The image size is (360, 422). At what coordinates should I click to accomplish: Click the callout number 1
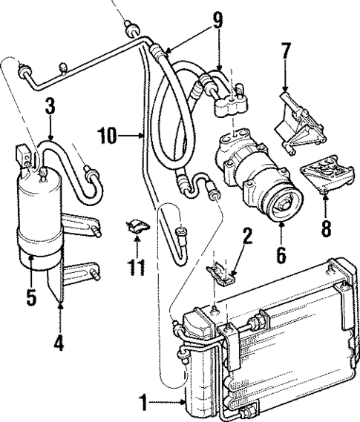(x=143, y=404)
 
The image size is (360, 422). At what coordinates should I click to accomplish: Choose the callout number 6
(x=281, y=254)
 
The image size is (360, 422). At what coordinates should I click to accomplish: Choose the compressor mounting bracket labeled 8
(x=321, y=180)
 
